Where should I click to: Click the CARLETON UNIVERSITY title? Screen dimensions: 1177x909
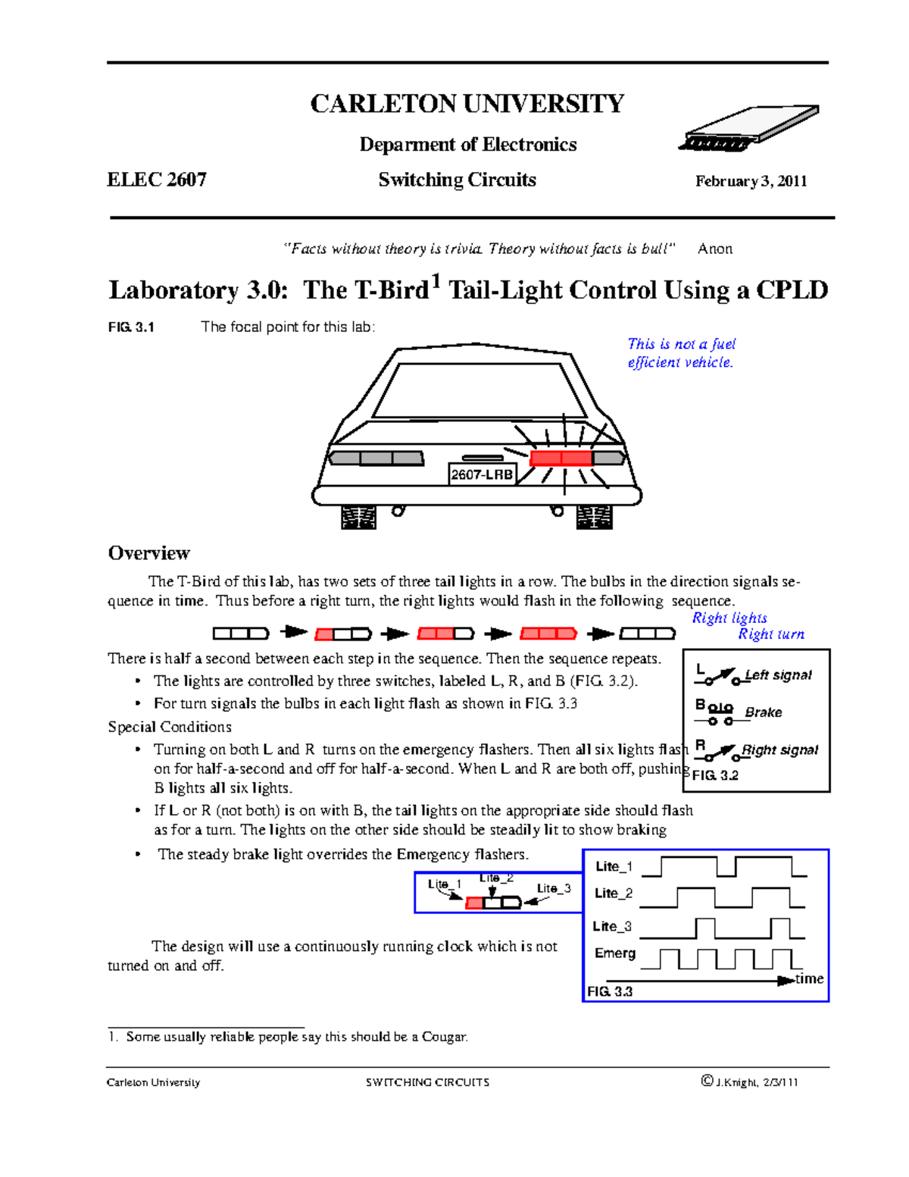coord(467,104)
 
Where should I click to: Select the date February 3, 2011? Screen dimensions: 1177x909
coord(751,181)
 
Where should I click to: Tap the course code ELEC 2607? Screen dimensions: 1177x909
coord(157,180)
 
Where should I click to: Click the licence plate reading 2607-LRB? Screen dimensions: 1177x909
coord(482,475)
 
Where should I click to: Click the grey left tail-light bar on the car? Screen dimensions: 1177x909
coord(376,458)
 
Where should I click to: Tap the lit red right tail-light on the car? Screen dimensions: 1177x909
coord(561,458)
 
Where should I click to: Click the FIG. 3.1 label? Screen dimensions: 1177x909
coord(131,327)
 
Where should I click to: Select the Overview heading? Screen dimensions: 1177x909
coord(148,553)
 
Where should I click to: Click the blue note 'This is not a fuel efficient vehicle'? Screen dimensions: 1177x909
coord(680,353)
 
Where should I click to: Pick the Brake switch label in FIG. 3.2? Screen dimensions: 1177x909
coord(763,712)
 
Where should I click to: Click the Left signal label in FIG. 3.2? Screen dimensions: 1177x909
coord(778,675)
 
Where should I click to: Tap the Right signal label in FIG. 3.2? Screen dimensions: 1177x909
coord(779,750)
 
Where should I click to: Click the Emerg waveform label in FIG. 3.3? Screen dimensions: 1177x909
coord(614,953)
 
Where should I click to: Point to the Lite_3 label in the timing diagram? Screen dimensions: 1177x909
coord(612,926)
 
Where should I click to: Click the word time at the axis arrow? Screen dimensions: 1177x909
coord(809,978)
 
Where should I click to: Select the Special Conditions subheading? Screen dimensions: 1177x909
coord(170,727)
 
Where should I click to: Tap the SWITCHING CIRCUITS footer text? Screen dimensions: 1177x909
coord(427,1082)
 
